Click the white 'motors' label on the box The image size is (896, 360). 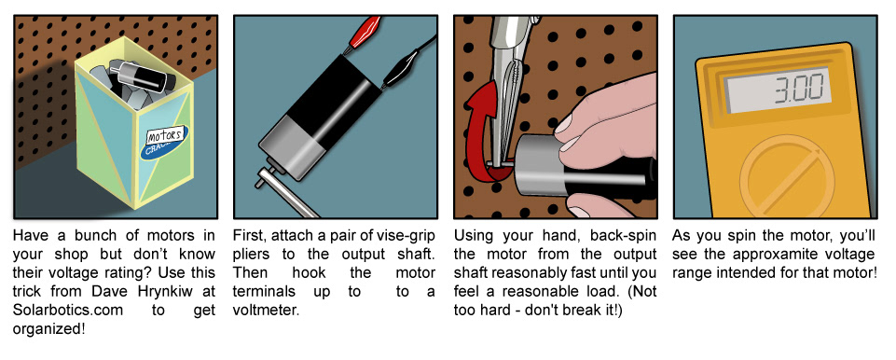point(165,136)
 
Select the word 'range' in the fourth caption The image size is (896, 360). point(690,272)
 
